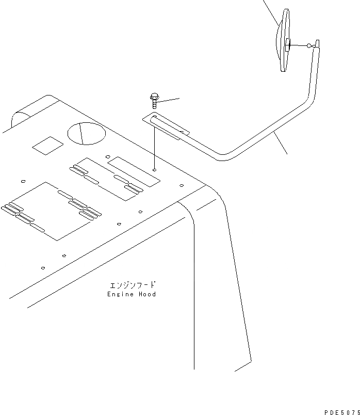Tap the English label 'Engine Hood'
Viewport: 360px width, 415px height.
click(x=132, y=294)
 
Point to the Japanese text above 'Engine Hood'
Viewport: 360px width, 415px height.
click(x=132, y=285)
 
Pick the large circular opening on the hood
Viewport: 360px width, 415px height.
click(x=87, y=134)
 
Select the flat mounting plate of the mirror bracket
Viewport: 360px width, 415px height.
click(x=165, y=126)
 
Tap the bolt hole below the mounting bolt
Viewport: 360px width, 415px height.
click(x=155, y=168)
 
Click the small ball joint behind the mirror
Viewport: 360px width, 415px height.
click(x=309, y=46)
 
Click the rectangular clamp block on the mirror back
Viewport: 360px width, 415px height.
click(x=288, y=44)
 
